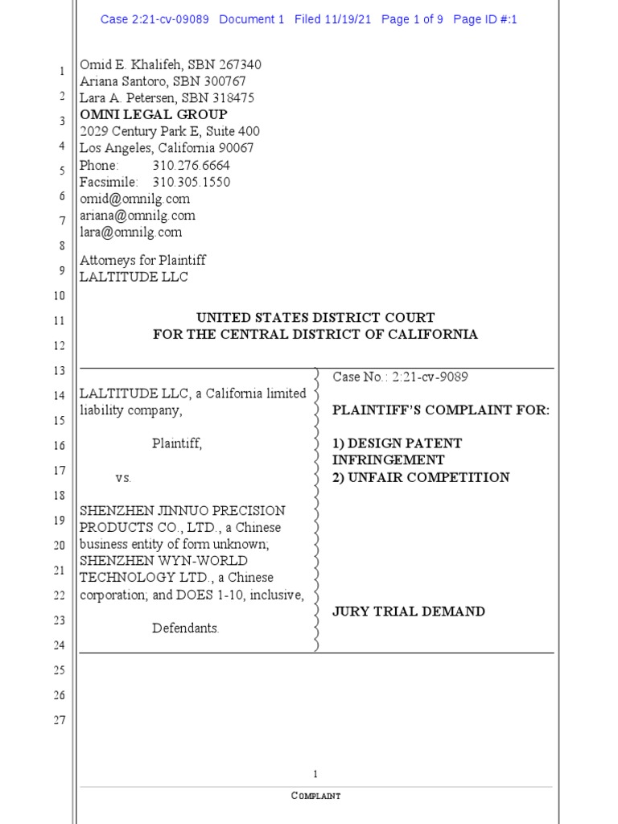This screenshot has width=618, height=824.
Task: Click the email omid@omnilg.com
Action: (134, 199)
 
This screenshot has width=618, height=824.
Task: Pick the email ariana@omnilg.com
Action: (137, 216)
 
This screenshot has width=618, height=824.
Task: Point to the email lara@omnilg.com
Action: (130, 233)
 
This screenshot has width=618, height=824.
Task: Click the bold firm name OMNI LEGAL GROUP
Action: (153, 114)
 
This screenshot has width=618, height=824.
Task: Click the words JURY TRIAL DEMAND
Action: (409, 612)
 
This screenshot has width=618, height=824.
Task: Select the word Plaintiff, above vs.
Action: (177, 443)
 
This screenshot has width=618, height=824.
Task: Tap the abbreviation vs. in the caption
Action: (123, 477)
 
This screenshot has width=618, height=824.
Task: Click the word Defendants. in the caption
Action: (186, 628)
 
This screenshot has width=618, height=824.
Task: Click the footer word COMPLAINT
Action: (315, 796)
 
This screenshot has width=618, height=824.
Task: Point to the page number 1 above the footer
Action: (315, 774)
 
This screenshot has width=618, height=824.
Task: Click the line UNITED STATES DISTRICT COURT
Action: (315, 318)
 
